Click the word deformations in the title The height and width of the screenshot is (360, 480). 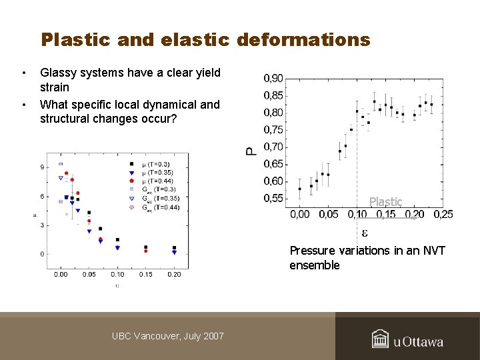(299, 40)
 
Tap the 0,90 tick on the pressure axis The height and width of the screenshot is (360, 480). (273, 79)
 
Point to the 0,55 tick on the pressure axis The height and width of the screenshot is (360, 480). (273, 198)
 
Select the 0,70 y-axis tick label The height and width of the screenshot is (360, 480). (273, 147)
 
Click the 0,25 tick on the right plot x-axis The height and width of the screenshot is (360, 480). (443, 214)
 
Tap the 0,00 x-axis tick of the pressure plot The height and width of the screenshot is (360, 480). (300, 214)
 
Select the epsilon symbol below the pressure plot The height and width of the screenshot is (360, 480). (365, 233)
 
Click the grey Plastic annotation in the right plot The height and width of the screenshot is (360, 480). (386, 201)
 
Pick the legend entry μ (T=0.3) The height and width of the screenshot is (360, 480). (153, 163)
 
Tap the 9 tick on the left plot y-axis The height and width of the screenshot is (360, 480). (42, 167)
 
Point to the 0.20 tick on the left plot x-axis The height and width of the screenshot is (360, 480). (174, 274)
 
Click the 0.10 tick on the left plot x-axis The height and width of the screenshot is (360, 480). (117, 274)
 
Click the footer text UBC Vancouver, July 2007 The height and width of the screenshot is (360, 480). (168, 336)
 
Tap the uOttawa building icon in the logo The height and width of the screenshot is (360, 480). (380, 339)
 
